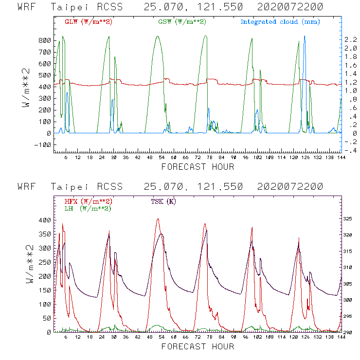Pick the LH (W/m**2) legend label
(88, 208)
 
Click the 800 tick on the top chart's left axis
(44, 40)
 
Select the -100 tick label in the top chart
(42, 145)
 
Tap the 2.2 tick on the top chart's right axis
(350, 39)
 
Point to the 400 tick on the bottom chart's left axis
(44, 220)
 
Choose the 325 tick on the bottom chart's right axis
(349, 219)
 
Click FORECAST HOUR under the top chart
(198, 167)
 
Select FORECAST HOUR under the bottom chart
(198, 346)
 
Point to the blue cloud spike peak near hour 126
(305, 36)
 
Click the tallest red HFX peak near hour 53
(158, 219)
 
